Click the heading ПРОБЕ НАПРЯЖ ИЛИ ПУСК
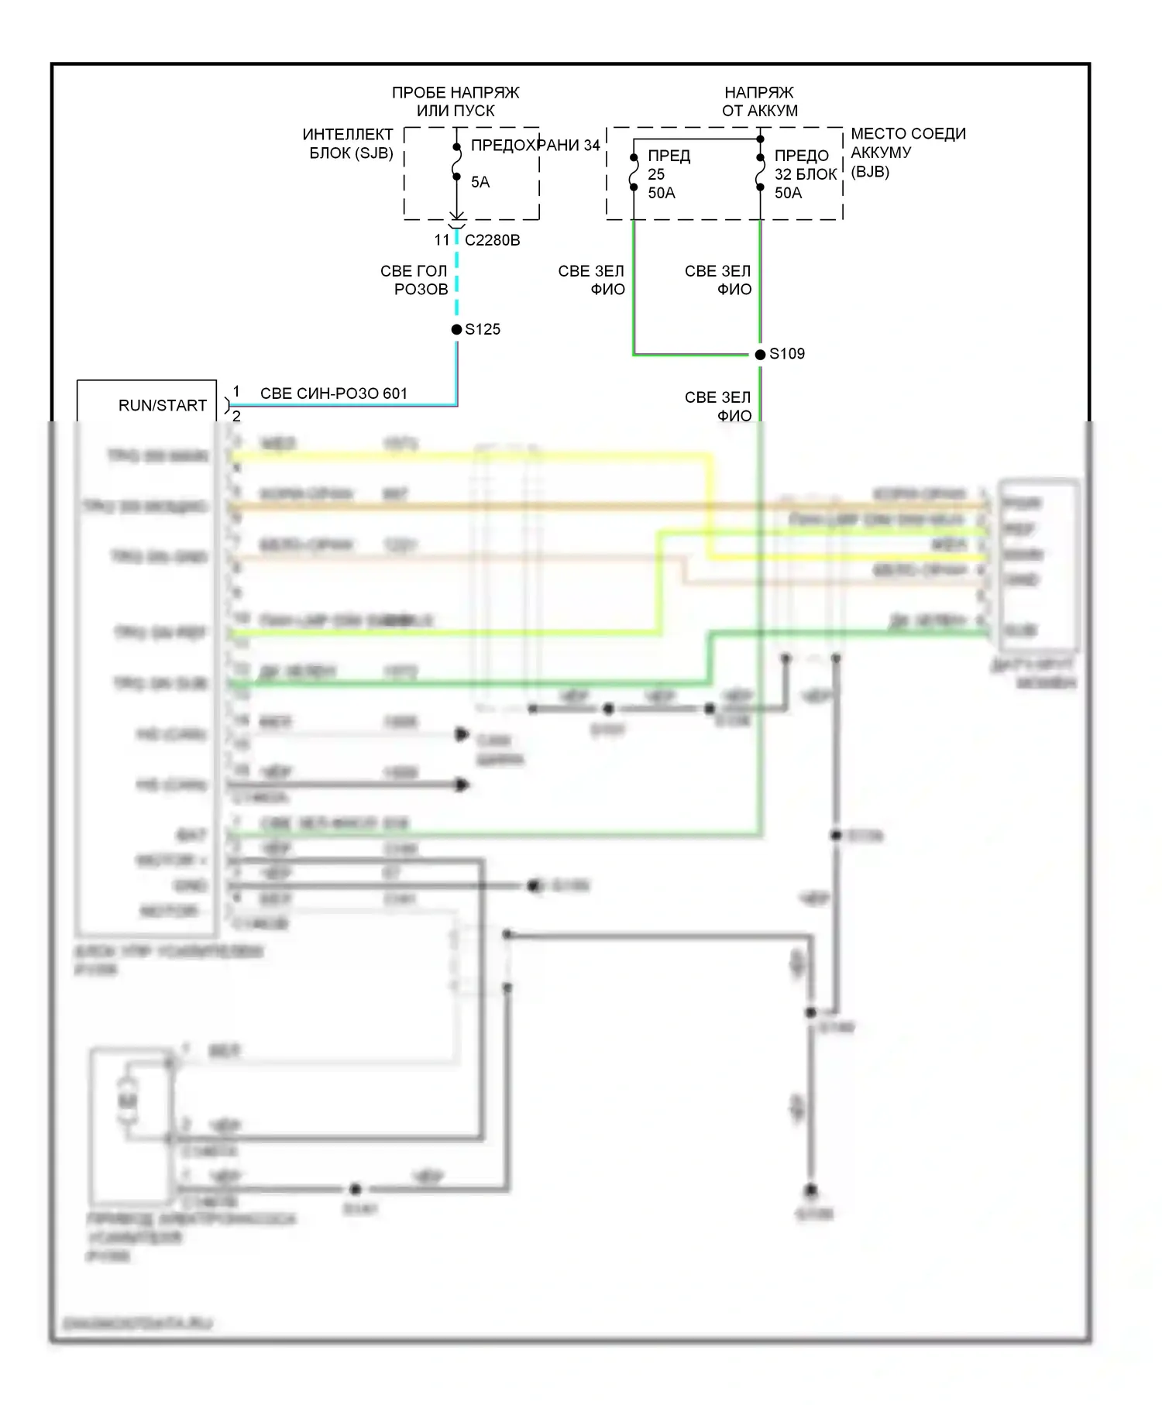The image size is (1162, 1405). [456, 101]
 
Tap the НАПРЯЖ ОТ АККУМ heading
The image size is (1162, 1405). [759, 101]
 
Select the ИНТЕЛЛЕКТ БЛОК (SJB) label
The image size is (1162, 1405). [349, 143]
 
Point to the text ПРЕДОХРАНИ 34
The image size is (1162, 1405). [535, 145]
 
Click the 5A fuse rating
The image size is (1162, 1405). [480, 182]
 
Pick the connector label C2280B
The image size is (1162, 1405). [493, 240]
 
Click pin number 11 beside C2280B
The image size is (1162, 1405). [442, 240]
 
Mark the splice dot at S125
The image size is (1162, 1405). [457, 329]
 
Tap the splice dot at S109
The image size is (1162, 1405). [761, 354]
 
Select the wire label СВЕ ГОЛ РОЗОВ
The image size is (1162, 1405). [414, 280]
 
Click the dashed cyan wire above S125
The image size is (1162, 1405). [457, 279]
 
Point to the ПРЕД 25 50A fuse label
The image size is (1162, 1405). [668, 174]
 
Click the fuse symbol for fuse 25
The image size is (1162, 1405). [634, 172]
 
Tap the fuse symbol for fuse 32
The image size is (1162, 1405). [761, 172]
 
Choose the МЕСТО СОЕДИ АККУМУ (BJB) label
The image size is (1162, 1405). [907, 153]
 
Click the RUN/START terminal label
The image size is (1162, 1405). [163, 406]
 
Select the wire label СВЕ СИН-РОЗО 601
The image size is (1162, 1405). [334, 393]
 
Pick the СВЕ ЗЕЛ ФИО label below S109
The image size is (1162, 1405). [718, 407]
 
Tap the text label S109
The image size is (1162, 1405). [787, 354]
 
